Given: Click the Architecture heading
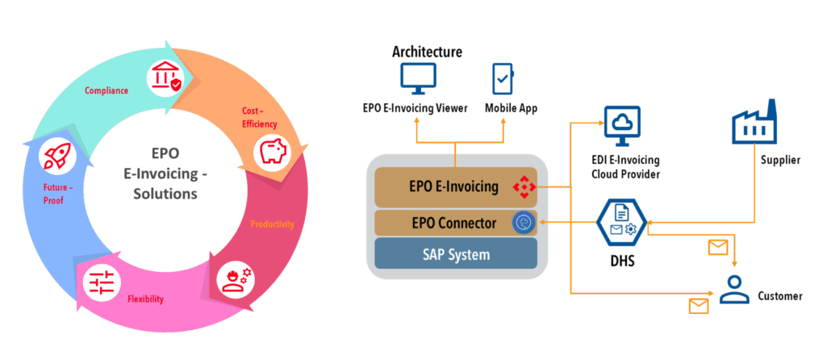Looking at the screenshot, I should (427, 52).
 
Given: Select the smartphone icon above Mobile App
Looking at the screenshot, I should (504, 79).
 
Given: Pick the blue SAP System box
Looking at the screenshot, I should (457, 254).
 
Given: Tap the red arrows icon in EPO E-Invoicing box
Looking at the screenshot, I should (524, 188).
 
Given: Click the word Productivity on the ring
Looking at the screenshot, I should (272, 224).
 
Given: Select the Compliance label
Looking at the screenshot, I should (106, 90).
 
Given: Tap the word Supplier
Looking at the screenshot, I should (779, 161).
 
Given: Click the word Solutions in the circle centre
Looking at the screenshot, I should (165, 194).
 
